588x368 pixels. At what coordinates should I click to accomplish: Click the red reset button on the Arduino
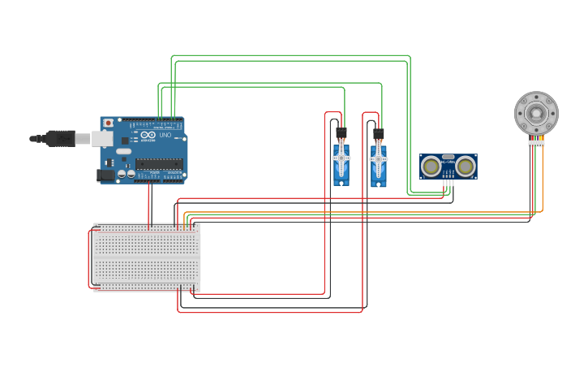point(108,123)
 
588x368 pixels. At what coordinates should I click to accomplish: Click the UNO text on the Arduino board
point(165,135)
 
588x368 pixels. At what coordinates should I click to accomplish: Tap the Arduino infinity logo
point(148,135)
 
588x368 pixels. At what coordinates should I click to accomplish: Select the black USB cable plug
point(60,139)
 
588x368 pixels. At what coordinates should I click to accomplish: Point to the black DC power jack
point(105,175)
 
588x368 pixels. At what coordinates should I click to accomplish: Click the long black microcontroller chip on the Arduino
point(158,164)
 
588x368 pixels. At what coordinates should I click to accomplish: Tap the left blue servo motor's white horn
point(341,157)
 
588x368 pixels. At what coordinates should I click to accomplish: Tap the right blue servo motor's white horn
point(379,158)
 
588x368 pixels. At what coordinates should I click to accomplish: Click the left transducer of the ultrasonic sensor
point(431,167)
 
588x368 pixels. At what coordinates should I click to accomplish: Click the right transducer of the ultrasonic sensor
point(465,167)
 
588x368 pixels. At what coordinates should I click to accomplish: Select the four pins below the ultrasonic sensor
point(448,184)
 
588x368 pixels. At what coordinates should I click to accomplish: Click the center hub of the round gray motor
point(536,112)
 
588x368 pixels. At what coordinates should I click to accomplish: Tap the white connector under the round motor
point(536,143)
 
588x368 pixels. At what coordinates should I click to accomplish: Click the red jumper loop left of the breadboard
point(89,258)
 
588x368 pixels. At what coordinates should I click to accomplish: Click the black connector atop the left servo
point(341,132)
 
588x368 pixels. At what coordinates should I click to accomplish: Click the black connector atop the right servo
point(379,134)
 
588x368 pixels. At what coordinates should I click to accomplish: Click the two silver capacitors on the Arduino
point(126,173)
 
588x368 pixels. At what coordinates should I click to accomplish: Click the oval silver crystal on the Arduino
point(122,151)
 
